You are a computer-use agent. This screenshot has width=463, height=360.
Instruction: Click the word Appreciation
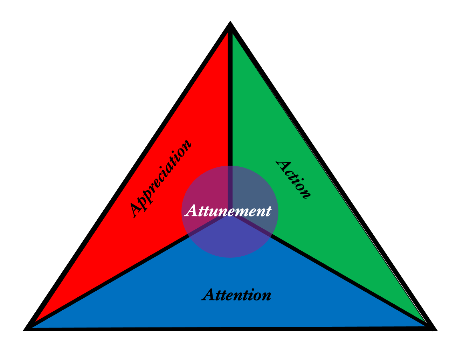[160, 179]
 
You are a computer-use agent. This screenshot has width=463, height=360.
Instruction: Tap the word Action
[293, 180]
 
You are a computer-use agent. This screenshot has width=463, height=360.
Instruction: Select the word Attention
[237, 295]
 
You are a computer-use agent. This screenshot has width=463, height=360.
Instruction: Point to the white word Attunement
[228, 211]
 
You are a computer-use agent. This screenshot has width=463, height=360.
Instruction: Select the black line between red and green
[230, 105]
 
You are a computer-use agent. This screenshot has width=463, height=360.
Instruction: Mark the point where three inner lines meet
[230, 216]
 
